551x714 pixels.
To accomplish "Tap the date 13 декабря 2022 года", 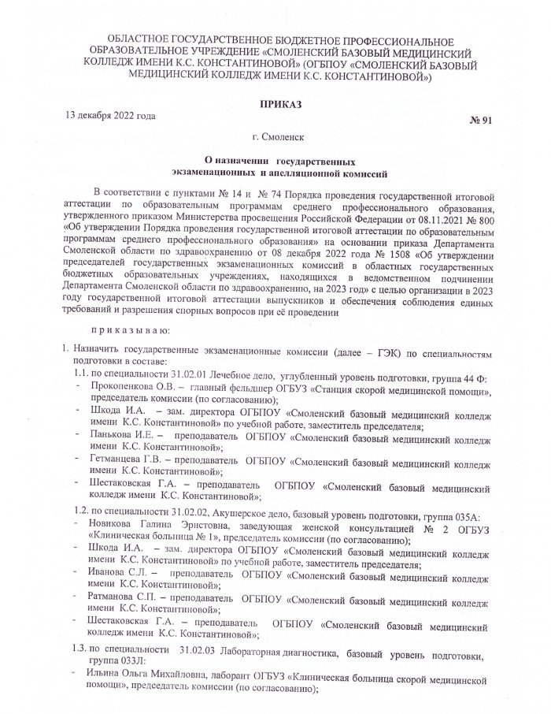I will tap(110, 116).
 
